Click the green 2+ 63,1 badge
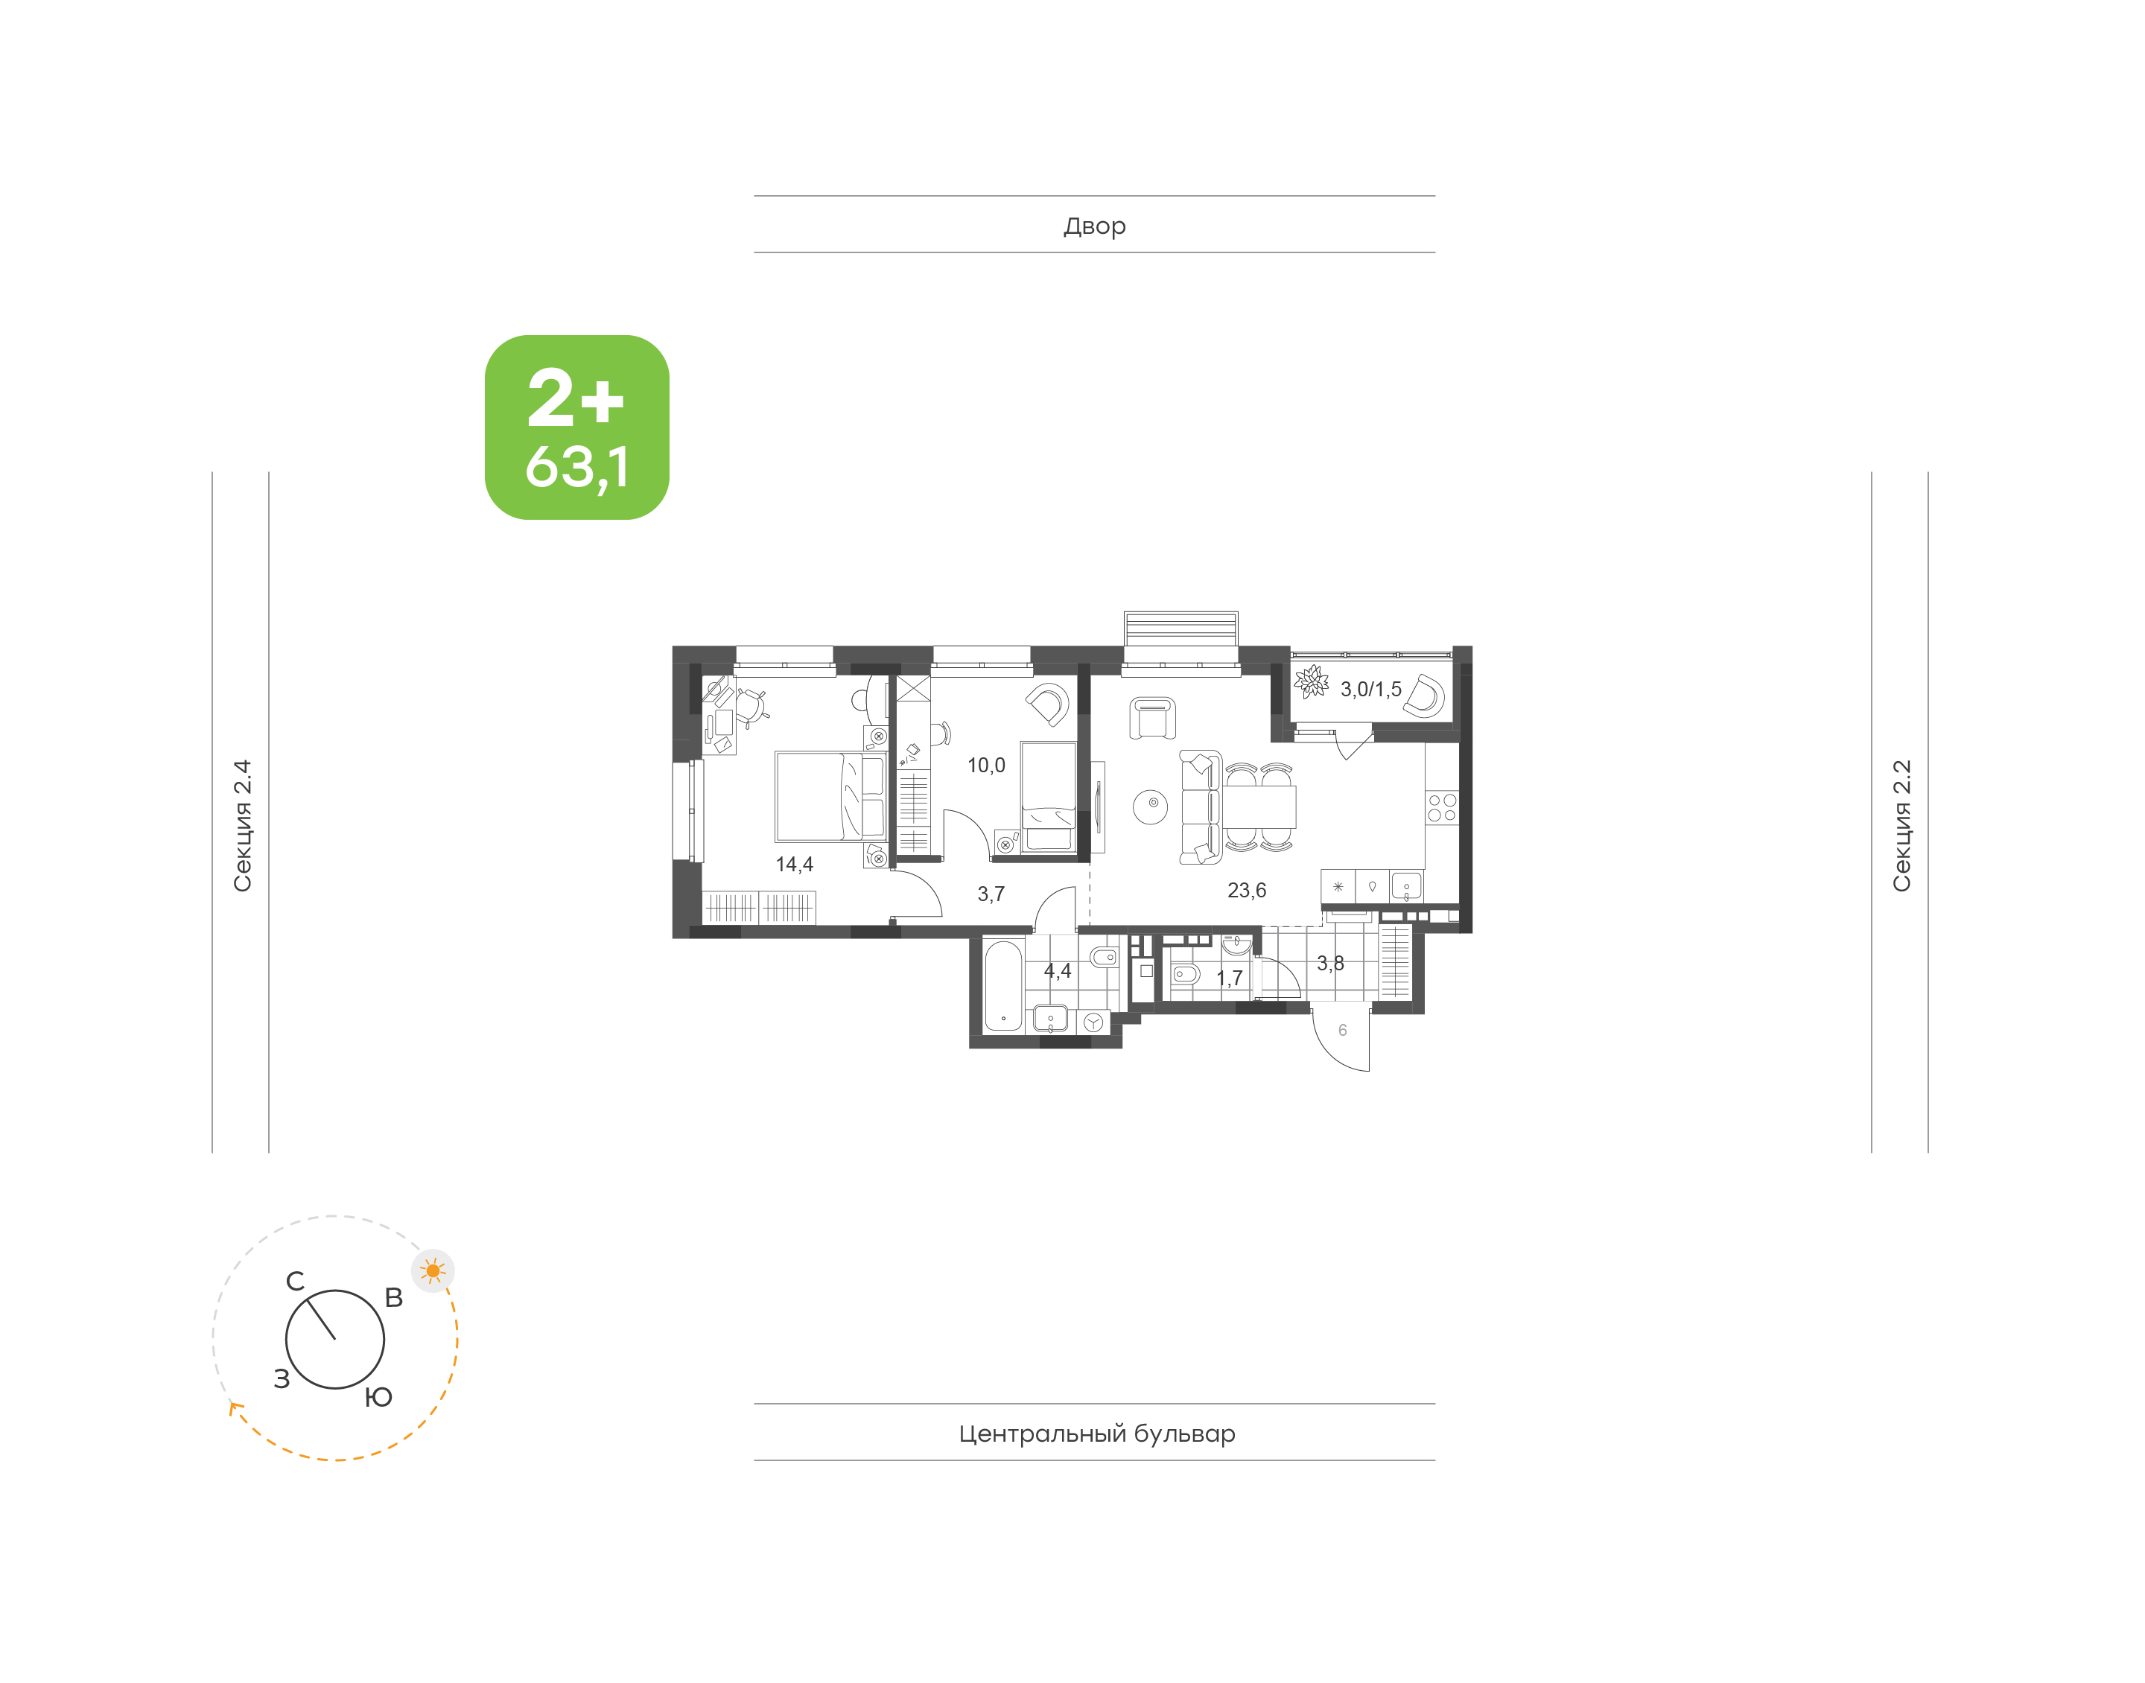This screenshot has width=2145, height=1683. pos(576,427)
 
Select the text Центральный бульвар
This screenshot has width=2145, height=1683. pos(1096,1434)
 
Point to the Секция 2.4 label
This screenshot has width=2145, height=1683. pos(242,826)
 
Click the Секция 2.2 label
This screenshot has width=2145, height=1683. pos(1901,826)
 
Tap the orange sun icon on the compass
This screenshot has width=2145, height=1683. pos(433,1270)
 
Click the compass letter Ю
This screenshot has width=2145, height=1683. pos(378,1397)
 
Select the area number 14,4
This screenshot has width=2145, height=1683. pos(794,864)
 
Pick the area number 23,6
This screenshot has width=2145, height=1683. pos(1246,891)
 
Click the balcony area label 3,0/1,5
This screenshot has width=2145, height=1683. pos(1370,690)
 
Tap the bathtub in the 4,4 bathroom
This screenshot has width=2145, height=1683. pos(1003,987)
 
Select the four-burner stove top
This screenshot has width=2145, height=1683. pos(1441,808)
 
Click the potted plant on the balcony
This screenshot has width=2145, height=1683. pos(1312,682)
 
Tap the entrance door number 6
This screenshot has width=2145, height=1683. pos(1342,1031)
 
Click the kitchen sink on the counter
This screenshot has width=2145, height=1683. pos(1406,886)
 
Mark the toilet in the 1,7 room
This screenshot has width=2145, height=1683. pos(1184,975)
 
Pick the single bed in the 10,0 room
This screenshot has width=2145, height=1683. pos(1049,797)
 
